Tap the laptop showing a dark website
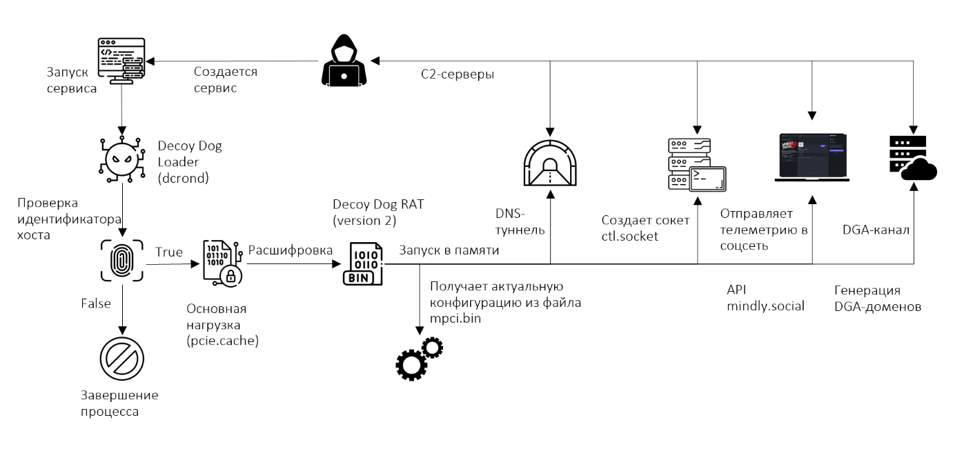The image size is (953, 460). (x=812, y=157)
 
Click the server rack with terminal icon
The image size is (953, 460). (x=696, y=165)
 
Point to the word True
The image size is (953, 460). (x=169, y=252)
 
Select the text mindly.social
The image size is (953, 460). (x=765, y=306)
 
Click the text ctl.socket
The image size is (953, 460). (x=629, y=237)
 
